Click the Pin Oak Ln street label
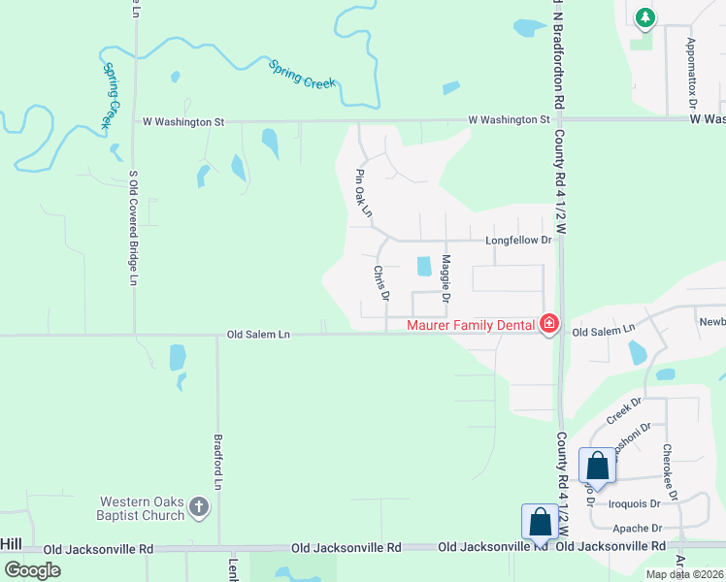tap(364, 192)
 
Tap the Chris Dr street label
tap(380, 282)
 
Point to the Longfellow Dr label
tap(517, 240)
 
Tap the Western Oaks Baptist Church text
tap(141, 508)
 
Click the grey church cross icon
tap(199, 506)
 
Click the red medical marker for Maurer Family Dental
tap(549, 323)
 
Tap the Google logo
tap(32, 570)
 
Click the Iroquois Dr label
tap(635, 503)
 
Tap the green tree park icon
tap(644, 16)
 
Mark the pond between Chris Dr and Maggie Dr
tap(423, 266)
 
